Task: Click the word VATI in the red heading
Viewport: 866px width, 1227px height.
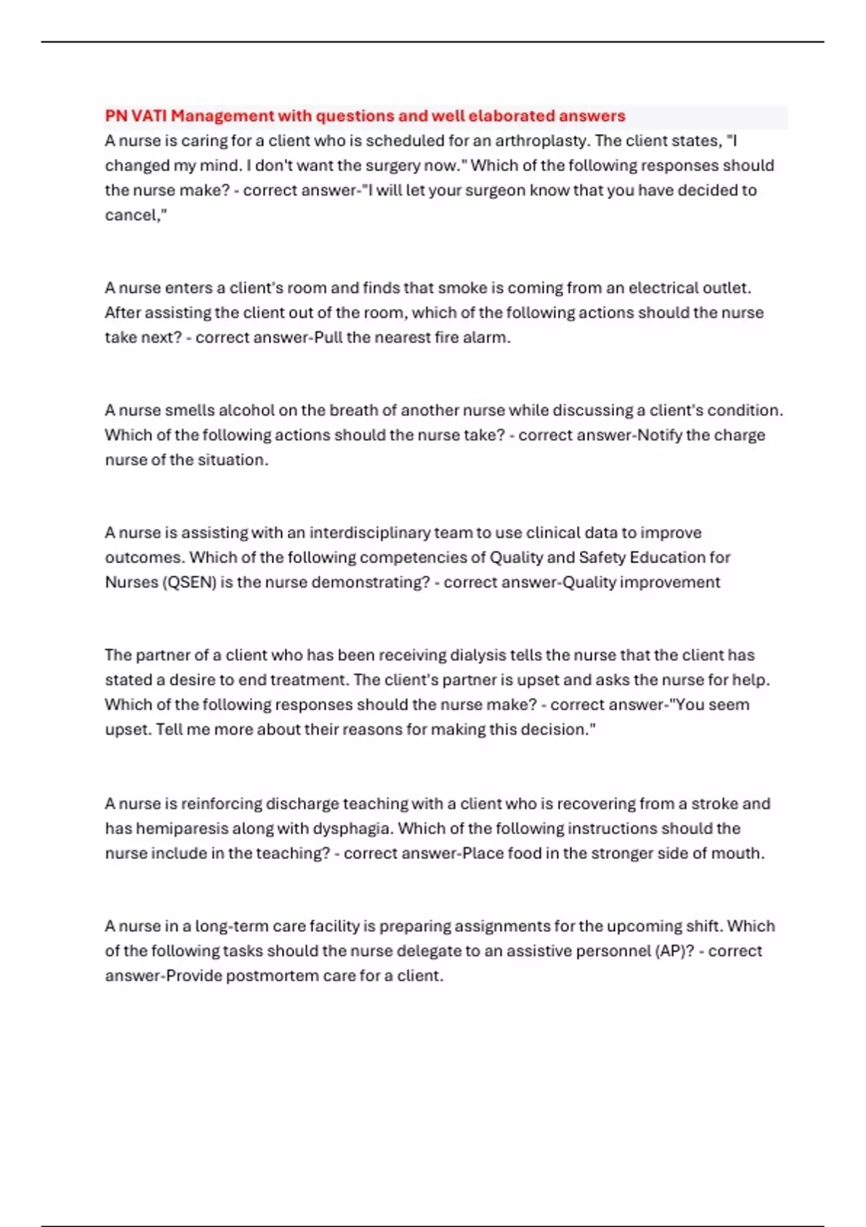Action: [149, 116]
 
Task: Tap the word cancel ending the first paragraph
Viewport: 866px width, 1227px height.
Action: [133, 215]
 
